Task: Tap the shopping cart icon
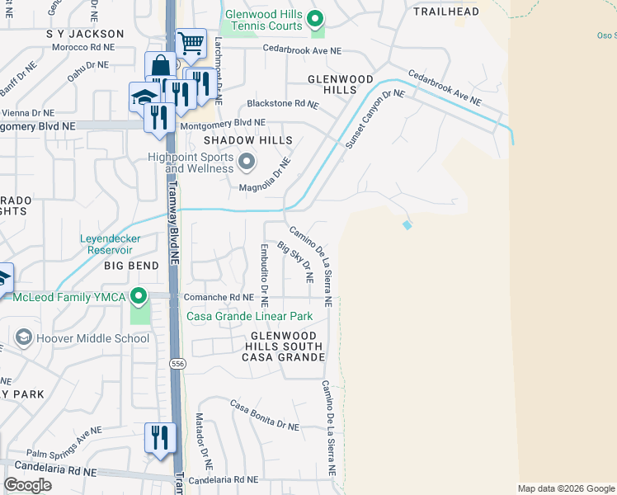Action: (x=191, y=43)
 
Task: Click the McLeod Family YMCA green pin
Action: (x=140, y=295)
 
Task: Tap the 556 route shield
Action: (x=177, y=364)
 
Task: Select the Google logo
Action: (x=27, y=485)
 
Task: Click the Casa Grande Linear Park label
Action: (x=250, y=316)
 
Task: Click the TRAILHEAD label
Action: (x=446, y=12)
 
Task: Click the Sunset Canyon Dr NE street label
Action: (x=375, y=118)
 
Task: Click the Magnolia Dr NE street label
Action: (x=266, y=174)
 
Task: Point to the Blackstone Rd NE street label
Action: (x=283, y=105)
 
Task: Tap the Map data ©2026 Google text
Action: (x=566, y=488)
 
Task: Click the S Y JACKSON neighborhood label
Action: (x=85, y=34)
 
